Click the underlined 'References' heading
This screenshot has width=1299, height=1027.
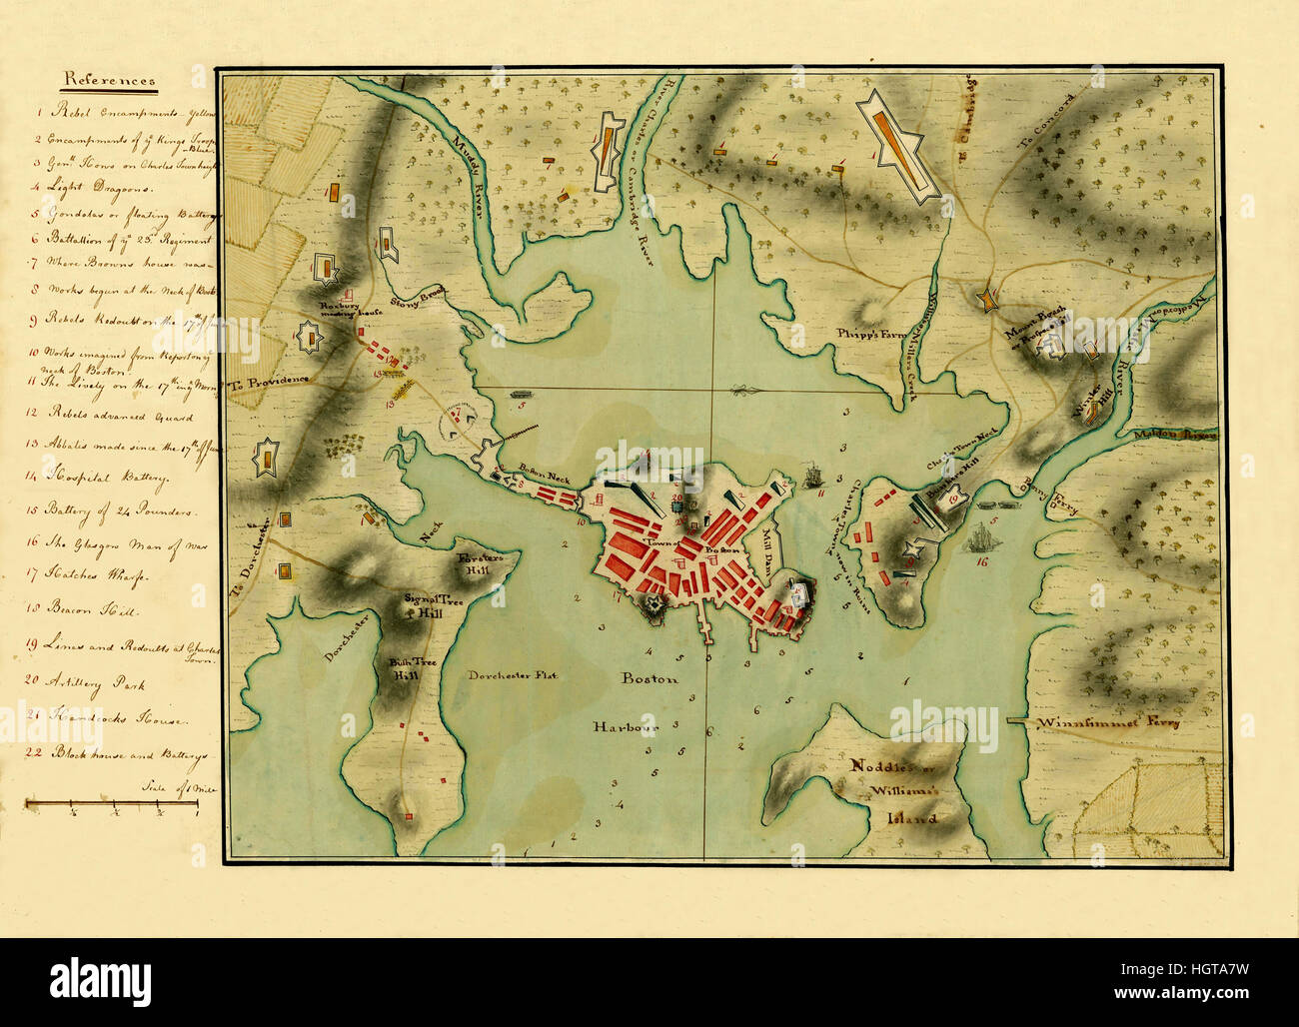pyautogui.click(x=110, y=80)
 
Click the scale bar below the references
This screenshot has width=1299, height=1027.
pyautogui.click(x=111, y=802)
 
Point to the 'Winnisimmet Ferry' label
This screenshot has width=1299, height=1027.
pyautogui.click(x=1107, y=721)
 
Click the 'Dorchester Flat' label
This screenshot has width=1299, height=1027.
pyautogui.click(x=513, y=675)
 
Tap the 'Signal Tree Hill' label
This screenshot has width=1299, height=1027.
pyautogui.click(x=421, y=605)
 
